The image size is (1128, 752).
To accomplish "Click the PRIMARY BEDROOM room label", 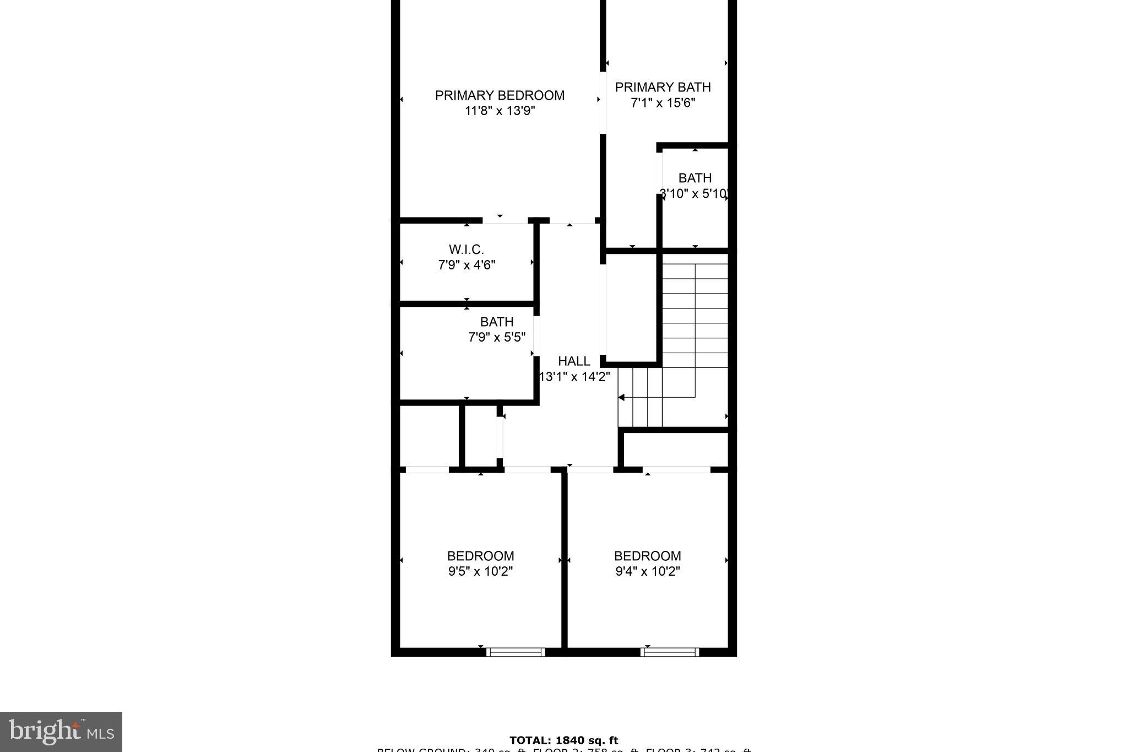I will (x=500, y=95).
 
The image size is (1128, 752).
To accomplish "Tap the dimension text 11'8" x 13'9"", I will (x=500, y=111).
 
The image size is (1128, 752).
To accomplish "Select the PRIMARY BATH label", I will (x=663, y=87).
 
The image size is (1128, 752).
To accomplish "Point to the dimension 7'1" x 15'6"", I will (x=663, y=102).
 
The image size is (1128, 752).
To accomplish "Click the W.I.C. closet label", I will (x=467, y=250).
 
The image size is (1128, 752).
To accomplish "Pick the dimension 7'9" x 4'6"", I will (x=467, y=265).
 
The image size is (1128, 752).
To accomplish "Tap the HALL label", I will (x=574, y=361).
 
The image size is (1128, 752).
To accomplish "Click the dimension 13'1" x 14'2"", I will (x=574, y=377).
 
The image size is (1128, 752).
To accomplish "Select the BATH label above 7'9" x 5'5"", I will (x=497, y=322).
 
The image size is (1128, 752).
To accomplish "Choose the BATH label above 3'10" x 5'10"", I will (x=695, y=178).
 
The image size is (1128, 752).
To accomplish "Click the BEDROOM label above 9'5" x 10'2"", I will (x=480, y=556).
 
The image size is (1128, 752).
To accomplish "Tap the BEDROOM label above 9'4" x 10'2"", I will (x=647, y=556).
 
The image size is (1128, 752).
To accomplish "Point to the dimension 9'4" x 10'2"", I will (x=647, y=571).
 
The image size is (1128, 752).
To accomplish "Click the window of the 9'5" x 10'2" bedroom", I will (x=516, y=652).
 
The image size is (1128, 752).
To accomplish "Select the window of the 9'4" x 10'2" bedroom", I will (x=670, y=652).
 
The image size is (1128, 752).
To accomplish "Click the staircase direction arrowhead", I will (x=621, y=397).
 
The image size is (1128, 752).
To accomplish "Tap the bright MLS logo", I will (x=61, y=732).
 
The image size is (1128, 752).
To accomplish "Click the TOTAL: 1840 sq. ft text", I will (x=563, y=740).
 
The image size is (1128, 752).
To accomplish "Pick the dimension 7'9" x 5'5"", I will (x=497, y=337).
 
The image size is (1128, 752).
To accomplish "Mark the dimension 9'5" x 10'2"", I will (x=480, y=571).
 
